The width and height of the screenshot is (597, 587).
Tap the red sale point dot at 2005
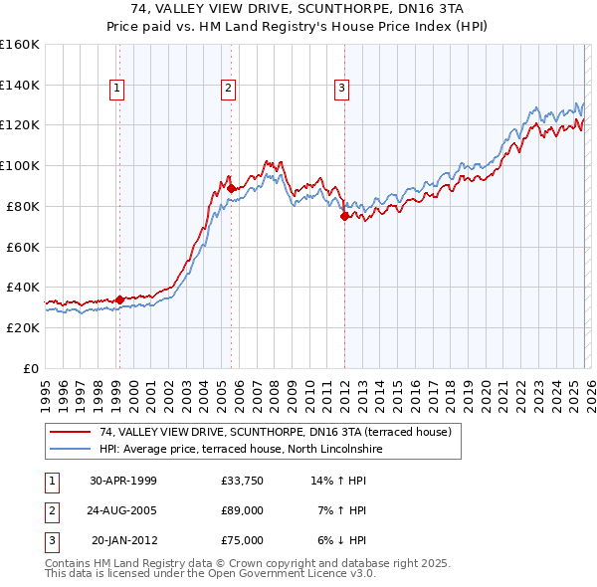click(x=231, y=188)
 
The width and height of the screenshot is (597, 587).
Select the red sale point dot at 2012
click(x=344, y=216)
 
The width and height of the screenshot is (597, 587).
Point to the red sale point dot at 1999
click(x=119, y=298)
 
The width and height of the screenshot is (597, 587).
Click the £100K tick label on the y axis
click(x=19, y=166)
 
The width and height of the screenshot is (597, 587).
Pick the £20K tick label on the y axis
click(x=23, y=327)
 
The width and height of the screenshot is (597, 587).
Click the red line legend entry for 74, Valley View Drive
click(x=276, y=432)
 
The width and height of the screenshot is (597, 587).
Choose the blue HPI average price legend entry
click(x=240, y=449)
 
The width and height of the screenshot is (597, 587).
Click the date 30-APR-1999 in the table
click(x=123, y=481)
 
